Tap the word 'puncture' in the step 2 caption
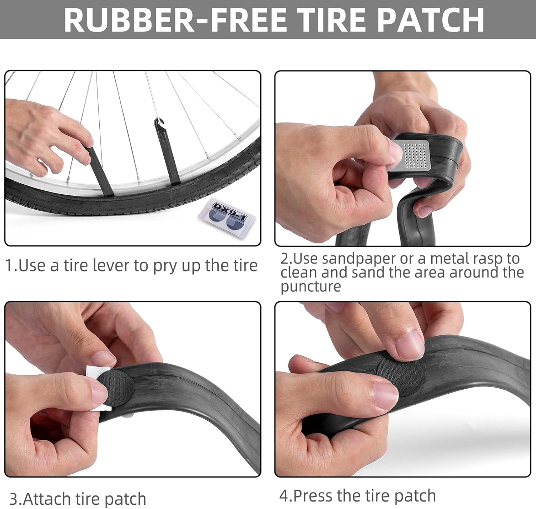tap(311, 286)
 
